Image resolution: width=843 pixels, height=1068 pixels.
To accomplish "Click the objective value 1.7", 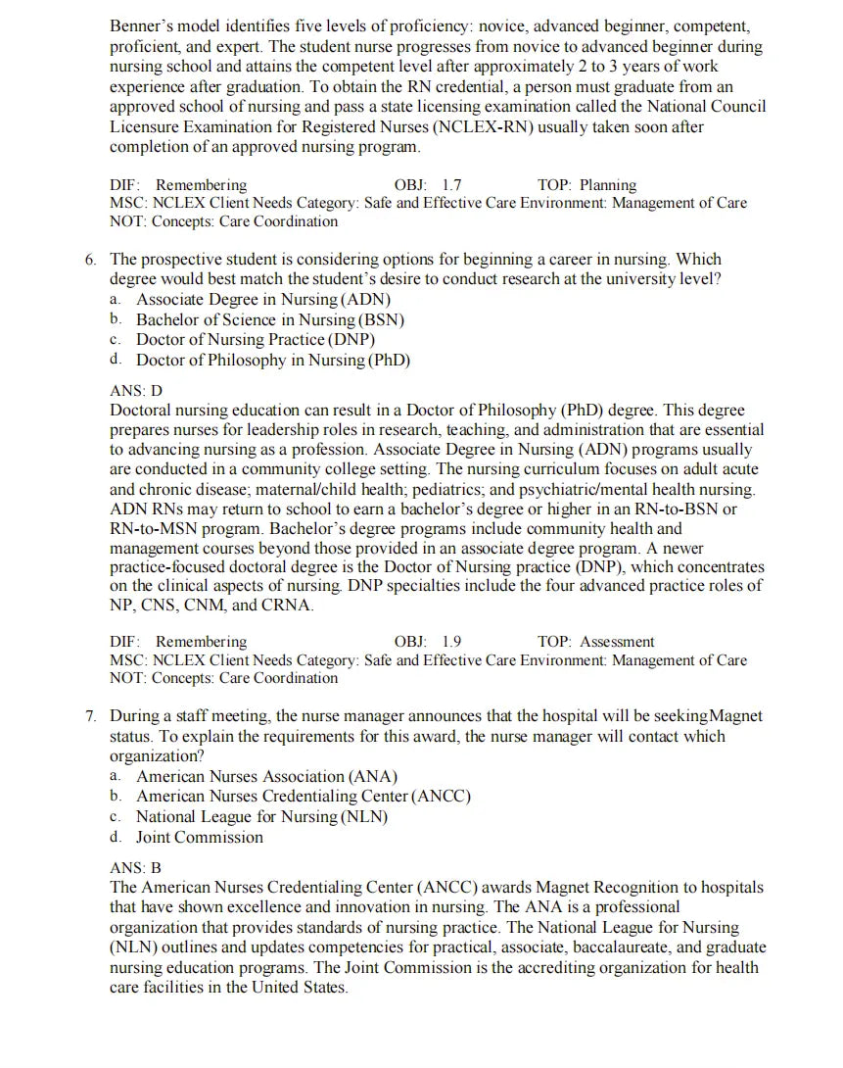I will click(x=451, y=185).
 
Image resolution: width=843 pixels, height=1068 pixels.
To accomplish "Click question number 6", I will click(x=90, y=260).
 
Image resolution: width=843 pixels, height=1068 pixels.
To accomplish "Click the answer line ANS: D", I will click(x=136, y=390).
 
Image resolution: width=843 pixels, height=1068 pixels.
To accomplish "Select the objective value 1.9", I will click(x=451, y=642).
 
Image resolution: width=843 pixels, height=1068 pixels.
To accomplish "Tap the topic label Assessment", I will click(x=617, y=642).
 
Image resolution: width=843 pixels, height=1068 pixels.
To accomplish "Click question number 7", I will click(x=90, y=716).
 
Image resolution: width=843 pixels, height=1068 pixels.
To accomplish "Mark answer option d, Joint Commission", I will click(x=200, y=837).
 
